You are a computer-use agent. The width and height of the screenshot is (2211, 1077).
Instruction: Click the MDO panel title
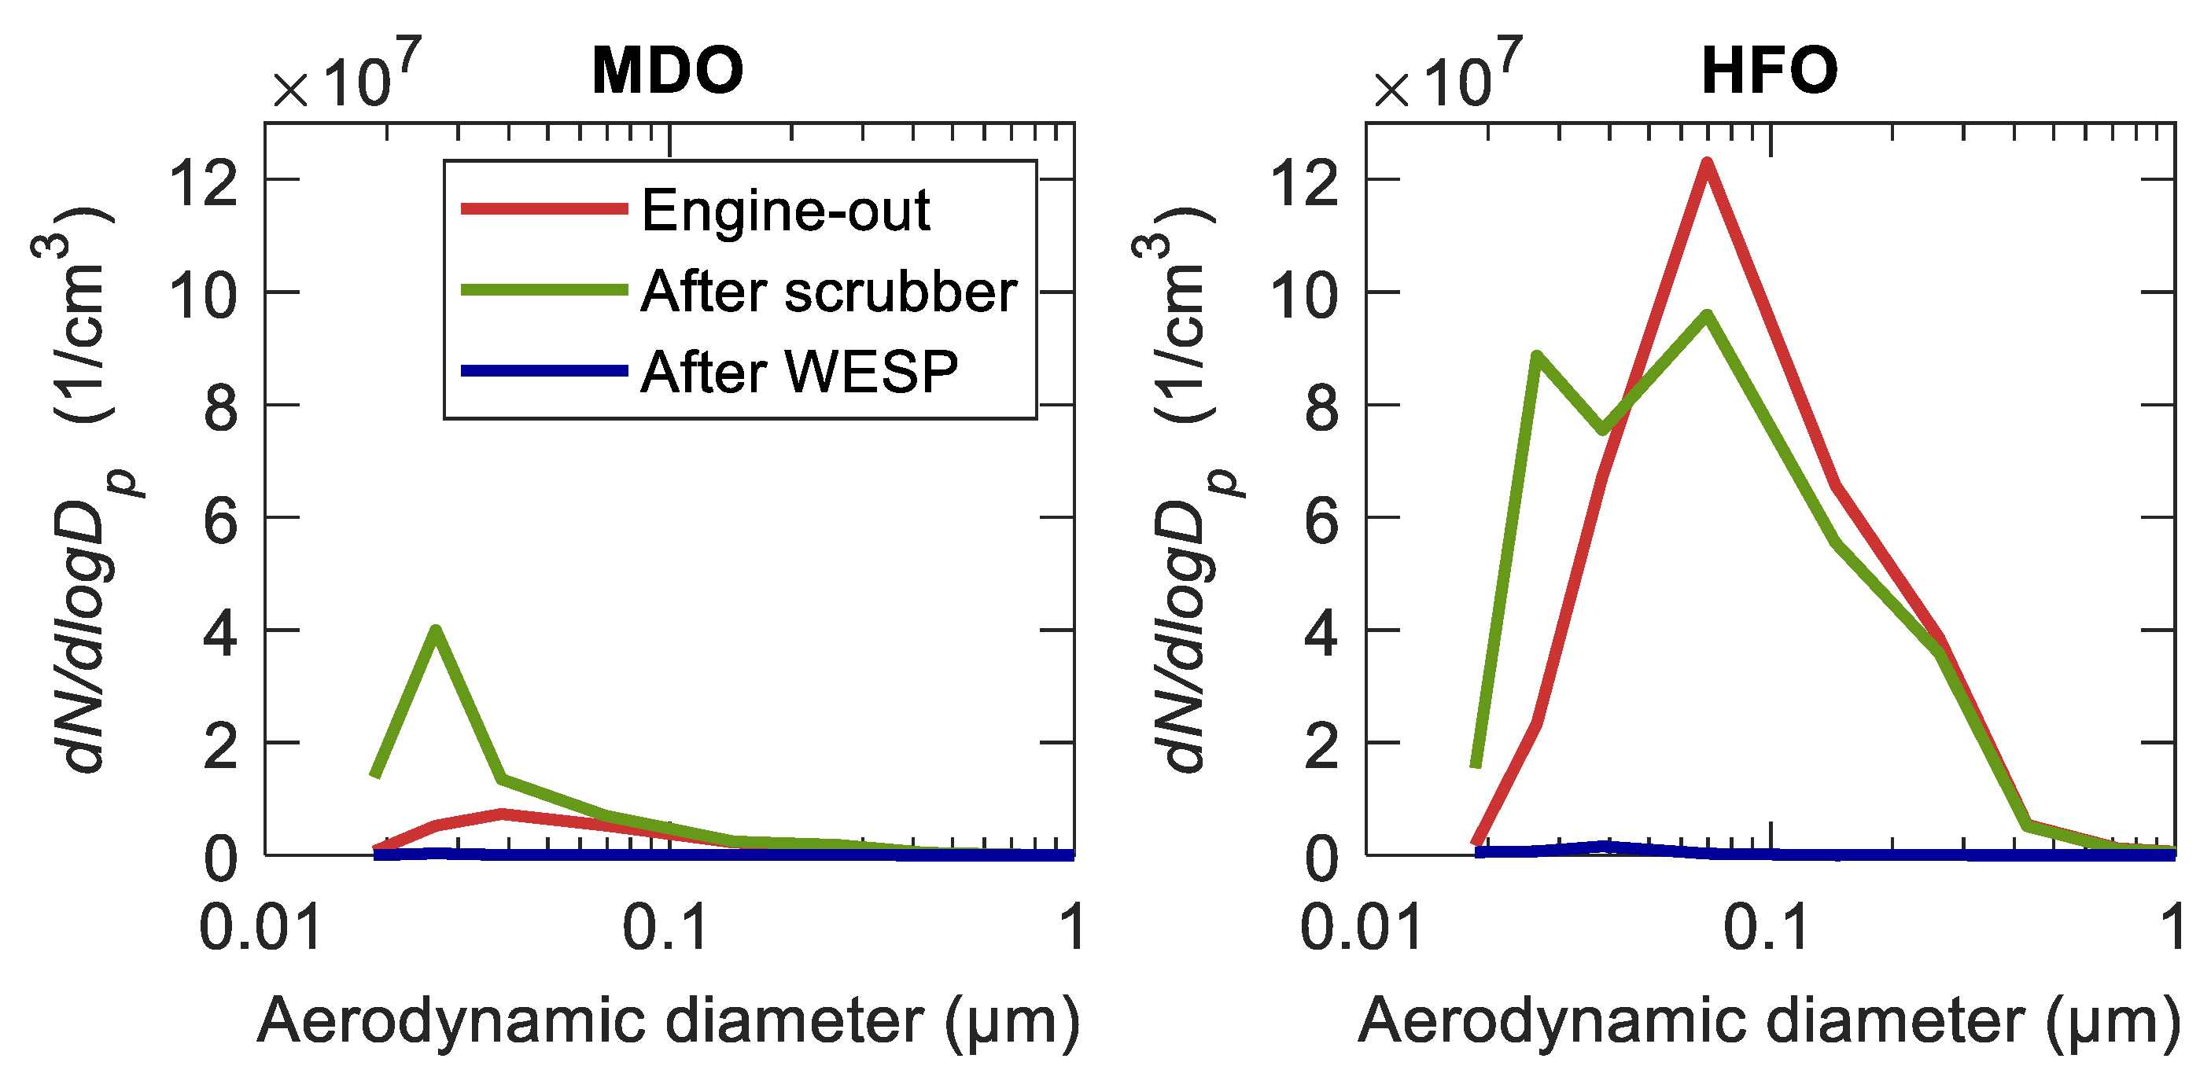pos(667,71)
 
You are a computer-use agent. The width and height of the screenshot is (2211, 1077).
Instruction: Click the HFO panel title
pos(1769,71)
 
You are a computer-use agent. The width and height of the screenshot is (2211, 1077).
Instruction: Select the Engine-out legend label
pos(785,210)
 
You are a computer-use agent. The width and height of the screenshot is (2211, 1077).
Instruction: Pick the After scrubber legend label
pos(828,292)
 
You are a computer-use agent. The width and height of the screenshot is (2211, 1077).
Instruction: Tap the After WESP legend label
pos(799,373)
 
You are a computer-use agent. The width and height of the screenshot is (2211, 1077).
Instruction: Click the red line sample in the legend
pos(544,208)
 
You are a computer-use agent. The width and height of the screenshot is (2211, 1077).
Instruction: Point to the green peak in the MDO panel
pos(436,630)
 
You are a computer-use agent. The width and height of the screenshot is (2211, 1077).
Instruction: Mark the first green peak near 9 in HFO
pos(1536,355)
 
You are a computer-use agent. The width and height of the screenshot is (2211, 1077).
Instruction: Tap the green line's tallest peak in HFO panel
pos(1707,315)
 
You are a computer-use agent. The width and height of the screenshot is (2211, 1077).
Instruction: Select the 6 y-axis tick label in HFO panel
pos(1321,521)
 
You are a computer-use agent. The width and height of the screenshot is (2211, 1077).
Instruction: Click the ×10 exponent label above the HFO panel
pos(1447,77)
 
